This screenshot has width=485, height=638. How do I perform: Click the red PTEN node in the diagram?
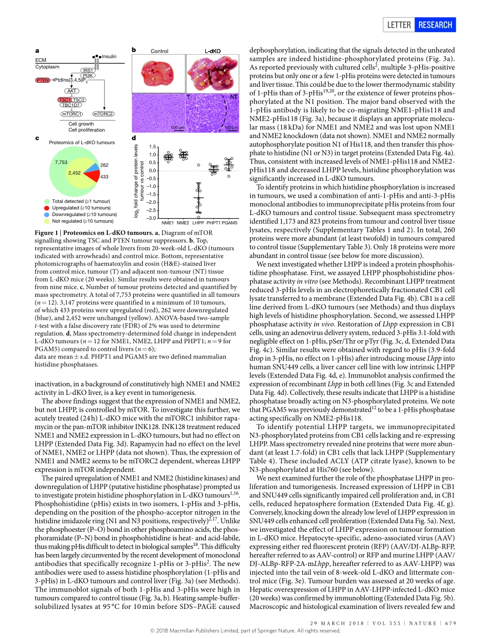pyautogui.click(x=42, y=80)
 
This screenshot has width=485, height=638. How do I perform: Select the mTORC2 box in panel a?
pyautogui.click(x=103, y=113)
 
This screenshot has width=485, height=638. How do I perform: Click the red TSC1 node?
pyautogui.click(x=64, y=100)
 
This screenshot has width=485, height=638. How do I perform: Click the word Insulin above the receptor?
pyautogui.click(x=109, y=57)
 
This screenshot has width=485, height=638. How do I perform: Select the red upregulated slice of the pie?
pyautogui.click(x=92, y=176)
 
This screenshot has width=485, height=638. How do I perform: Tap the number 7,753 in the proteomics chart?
pyautogui.click(x=61, y=162)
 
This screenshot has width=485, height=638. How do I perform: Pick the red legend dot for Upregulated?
pyautogui.click(x=47, y=208)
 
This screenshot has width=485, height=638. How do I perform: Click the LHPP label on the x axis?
pyautogui.click(x=198, y=223)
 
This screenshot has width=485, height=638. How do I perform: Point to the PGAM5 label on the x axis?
pyautogui.click(x=230, y=223)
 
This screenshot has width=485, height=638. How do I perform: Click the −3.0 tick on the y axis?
pyautogui.click(x=152, y=218)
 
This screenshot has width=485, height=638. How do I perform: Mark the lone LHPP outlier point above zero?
pyautogui.click(x=199, y=165)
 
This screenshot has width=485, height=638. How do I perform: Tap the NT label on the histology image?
pyautogui.click(x=233, y=97)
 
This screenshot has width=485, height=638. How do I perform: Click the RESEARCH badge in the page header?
pyautogui.click(x=434, y=25)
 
